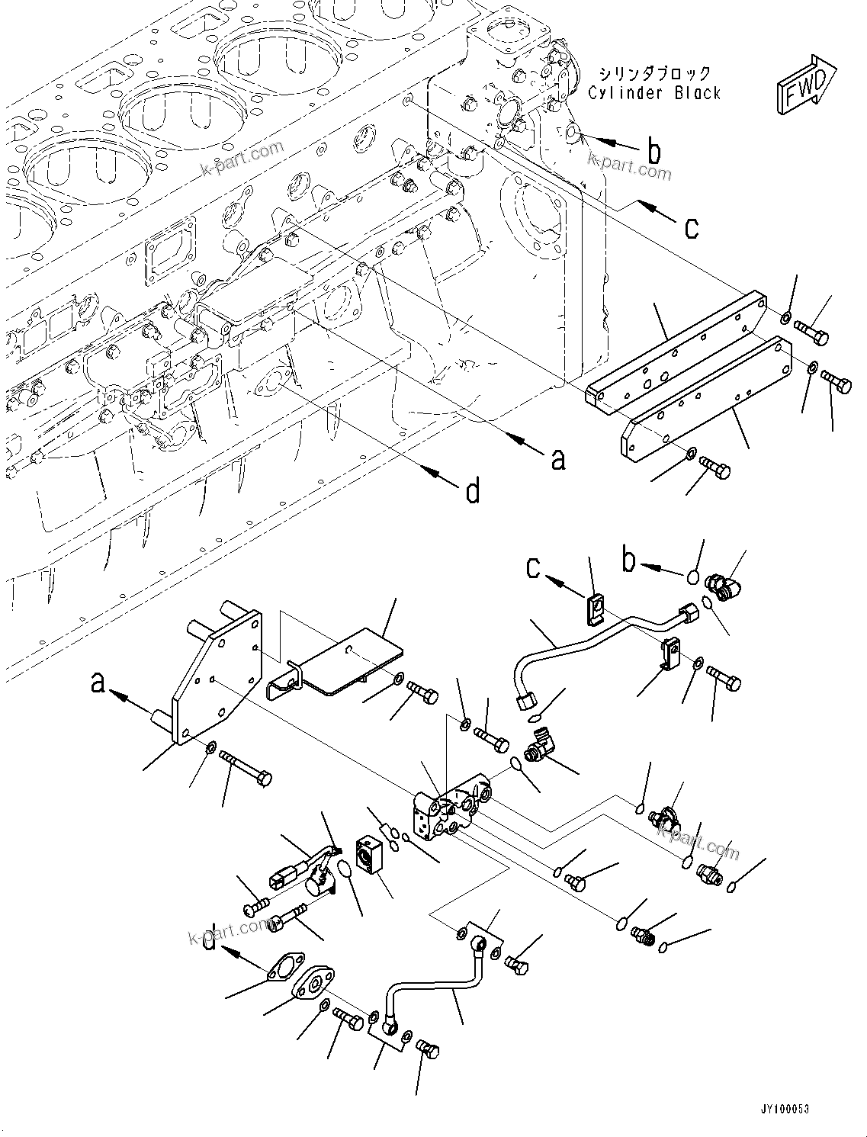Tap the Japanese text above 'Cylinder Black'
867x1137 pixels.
tap(654, 74)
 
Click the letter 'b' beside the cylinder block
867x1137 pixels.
tap(653, 153)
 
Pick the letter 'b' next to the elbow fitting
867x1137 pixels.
tap(628, 562)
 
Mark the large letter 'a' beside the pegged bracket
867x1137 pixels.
tap(97, 681)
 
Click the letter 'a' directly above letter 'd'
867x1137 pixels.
tap(558, 458)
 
